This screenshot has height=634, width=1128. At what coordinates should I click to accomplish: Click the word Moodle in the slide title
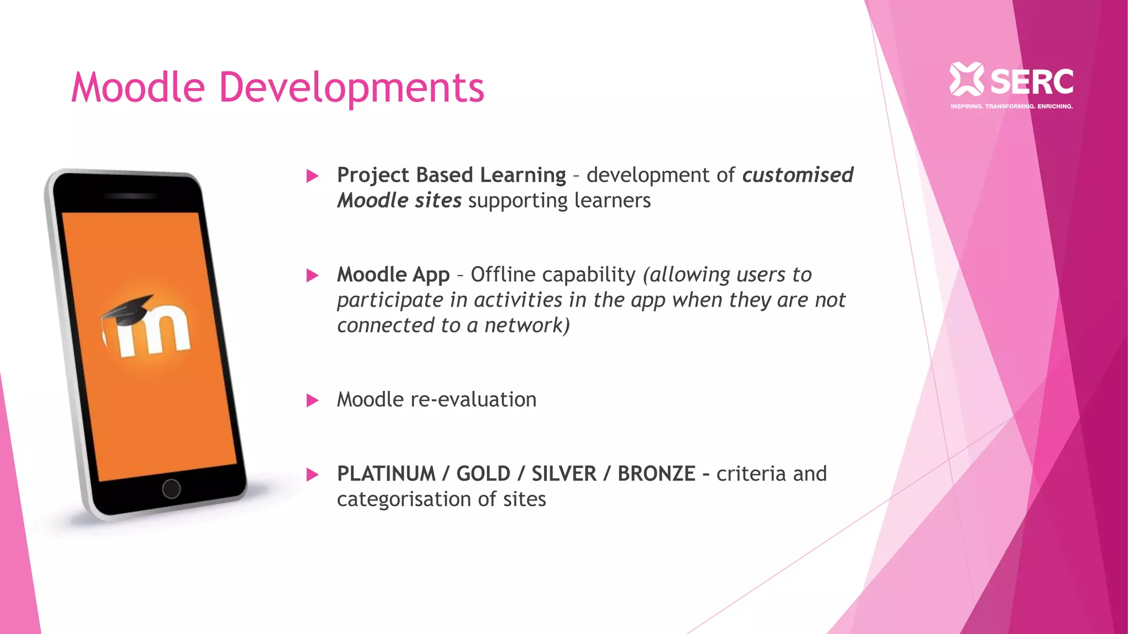[x=138, y=88]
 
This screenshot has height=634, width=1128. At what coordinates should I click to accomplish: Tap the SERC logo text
[x=1032, y=82]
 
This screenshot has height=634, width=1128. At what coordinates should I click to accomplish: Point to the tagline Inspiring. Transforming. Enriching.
[x=1011, y=106]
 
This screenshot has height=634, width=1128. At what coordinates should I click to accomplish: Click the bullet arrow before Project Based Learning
[x=312, y=176]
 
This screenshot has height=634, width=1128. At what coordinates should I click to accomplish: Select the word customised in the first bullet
[x=798, y=175]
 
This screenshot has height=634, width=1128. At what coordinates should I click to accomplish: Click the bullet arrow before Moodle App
[x=312, y=275]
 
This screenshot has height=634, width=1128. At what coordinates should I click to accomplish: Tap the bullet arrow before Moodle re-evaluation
[x=312, y=400]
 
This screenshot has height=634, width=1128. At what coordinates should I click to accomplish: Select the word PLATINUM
[x=386, y=474]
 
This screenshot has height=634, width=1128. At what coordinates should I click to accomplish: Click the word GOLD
[x=483, y=474]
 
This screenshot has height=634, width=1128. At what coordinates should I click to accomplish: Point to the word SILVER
[x=563, y=474]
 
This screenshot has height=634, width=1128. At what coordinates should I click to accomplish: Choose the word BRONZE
[x=656, y=474]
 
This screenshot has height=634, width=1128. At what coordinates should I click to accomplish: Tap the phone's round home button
[x=171, y=488]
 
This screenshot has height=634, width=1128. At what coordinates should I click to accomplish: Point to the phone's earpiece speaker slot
[x=131, y=196]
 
